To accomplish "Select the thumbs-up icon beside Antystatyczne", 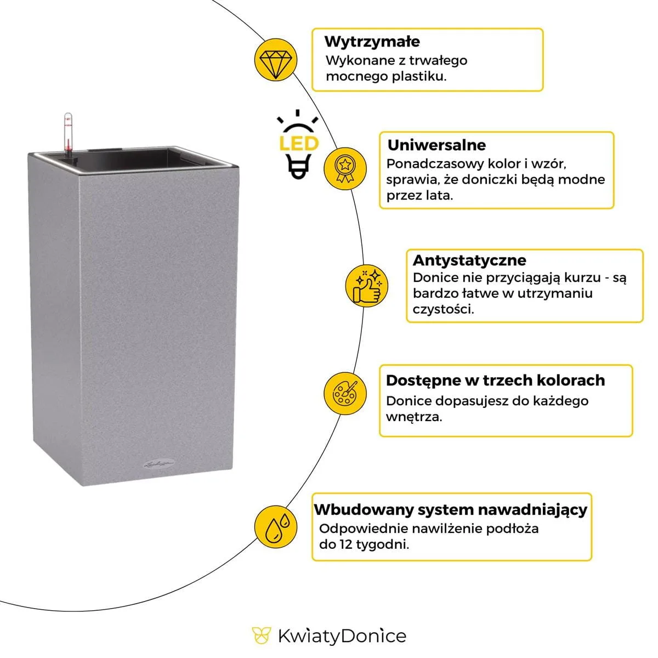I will click(x=367, y=286).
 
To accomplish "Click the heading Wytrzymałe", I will click(x=372, y=42).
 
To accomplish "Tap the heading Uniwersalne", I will click(x=436, y=145).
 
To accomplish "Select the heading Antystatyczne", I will click(x=469, y=260).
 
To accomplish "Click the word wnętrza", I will click(x=413, y=417).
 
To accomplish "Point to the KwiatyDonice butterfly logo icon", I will click(x=262, y=636).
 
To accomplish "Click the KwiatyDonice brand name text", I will click(x=342, y=636).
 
